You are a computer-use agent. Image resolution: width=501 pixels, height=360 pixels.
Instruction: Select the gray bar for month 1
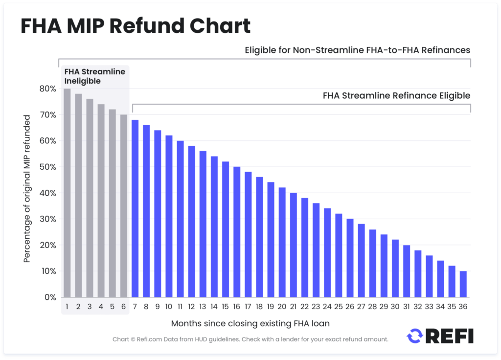[x=67, y=193]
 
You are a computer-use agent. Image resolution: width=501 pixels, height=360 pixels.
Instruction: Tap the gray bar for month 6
[x=124, y=205]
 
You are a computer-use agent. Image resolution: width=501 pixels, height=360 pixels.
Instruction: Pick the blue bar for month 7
[x=135, y=208]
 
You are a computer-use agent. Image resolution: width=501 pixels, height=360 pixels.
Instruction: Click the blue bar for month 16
[x=237, y=232]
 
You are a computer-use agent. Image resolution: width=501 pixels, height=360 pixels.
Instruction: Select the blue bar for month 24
[x=327, y=252]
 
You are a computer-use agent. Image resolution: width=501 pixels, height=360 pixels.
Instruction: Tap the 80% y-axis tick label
[x=48, y=89]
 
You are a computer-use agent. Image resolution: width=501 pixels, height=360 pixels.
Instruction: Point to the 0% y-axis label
[x=50, y=297]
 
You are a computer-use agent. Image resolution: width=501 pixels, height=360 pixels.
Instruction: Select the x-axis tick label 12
[x=191, y=307]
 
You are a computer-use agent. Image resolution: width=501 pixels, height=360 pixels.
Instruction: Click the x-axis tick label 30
[x=395, y=307]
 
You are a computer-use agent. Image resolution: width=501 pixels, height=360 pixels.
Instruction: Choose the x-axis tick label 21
[x=293, y=307]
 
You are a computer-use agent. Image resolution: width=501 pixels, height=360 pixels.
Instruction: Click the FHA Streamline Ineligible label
[x=95, y=76]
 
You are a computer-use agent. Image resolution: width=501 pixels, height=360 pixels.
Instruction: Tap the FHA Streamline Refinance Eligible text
[x=396, y=95]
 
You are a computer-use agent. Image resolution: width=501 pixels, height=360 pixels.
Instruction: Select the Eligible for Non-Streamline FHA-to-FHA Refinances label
[x=357, y=50]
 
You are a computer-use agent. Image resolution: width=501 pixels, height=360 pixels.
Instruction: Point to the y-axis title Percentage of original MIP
[x=27, y=188]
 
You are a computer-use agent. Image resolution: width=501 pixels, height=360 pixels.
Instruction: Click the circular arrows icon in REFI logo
[x=415, y=336]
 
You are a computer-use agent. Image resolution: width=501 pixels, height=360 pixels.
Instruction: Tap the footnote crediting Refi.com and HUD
[x=250, y=339]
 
